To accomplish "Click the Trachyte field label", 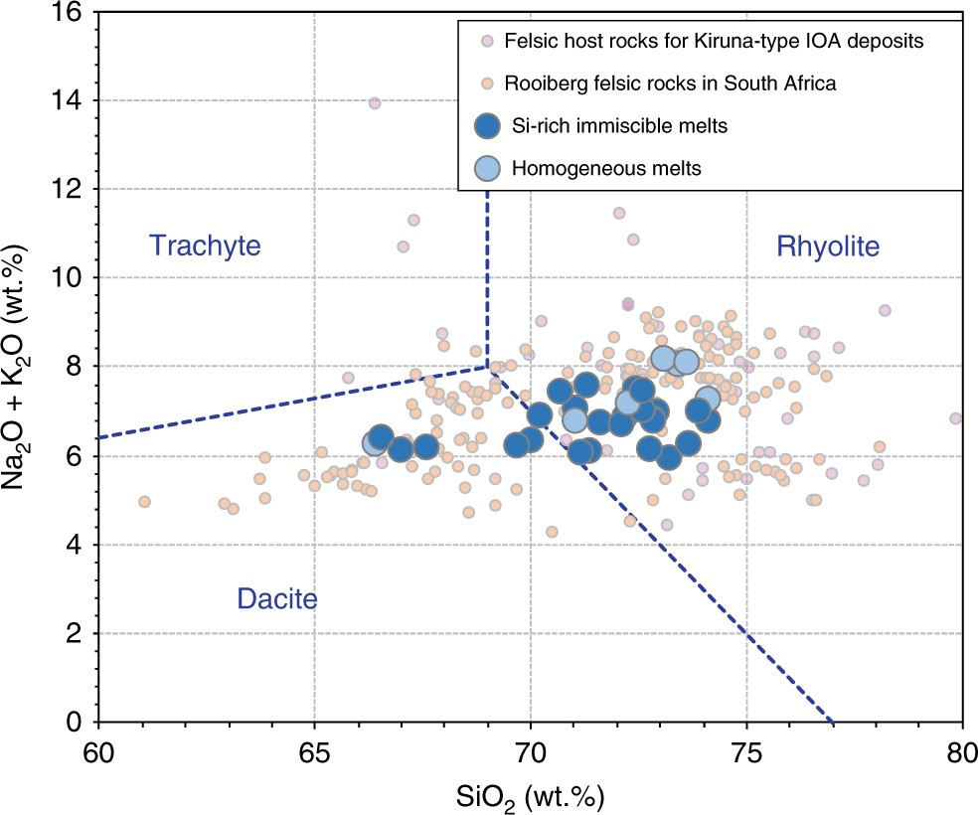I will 204,244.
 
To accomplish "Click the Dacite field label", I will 276,598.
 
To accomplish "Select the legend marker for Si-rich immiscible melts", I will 487,126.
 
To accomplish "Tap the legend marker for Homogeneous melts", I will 487,168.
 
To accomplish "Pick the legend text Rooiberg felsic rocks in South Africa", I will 670,84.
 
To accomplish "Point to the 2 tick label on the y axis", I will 77,633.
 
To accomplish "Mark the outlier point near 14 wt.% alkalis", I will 375,103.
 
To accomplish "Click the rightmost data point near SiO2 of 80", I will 956,418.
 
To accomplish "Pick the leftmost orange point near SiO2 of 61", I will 145,502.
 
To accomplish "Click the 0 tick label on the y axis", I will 77,722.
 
